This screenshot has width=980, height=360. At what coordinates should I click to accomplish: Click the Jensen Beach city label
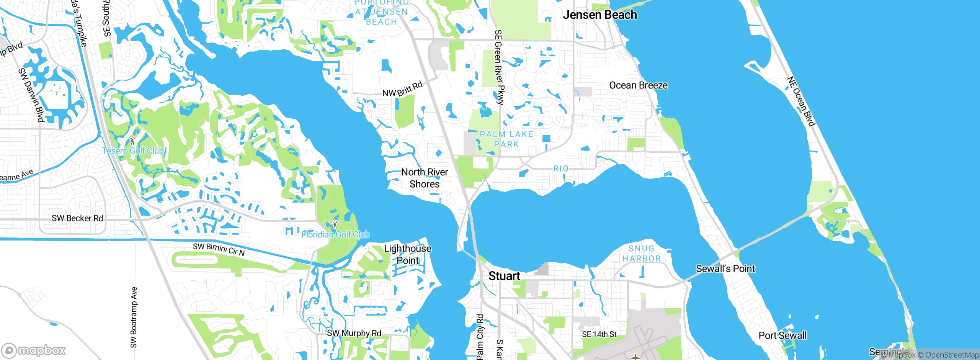click(x=599, y=15)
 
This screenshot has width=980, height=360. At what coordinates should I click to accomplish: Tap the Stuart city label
click(x=504, y=276)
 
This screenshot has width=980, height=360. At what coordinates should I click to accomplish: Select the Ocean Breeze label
click(x=638, y=85)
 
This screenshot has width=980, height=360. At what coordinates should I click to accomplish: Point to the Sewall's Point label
click(x=725, y=269)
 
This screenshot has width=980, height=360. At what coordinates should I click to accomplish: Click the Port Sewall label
click(x=782, y=335)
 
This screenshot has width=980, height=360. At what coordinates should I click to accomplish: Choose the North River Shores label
click(x=424, y=178)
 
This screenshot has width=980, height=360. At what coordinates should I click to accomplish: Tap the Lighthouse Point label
click(x=407, y=254)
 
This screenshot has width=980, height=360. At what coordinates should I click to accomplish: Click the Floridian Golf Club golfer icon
click(x=335, y=224)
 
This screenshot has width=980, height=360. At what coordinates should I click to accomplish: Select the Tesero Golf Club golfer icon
click(x=132, y=141)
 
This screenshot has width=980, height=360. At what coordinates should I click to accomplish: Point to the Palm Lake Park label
click(x=506, y=139)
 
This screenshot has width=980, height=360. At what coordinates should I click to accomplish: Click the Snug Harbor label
click(x=641, y=254)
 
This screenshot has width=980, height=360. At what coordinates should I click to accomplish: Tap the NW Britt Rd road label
click(x=402, y=89)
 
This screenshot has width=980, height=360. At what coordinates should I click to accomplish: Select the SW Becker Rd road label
click(x=77, y=218)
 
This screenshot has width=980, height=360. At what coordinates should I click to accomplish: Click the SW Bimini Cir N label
click(x=219, y=249)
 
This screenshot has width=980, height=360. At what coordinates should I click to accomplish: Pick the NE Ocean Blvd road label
click(x=800, y=101)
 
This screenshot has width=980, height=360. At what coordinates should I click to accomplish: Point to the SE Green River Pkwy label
click(x=499, y=67)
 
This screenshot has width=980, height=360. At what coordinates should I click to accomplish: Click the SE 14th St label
click(x=599, y=334)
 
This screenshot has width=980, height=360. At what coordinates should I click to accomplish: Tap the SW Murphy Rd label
click(x=354, y=333)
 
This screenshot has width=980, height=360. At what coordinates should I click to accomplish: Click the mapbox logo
click(x=34, y=350)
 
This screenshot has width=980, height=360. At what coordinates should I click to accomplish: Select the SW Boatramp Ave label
click(x=134, y=317)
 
